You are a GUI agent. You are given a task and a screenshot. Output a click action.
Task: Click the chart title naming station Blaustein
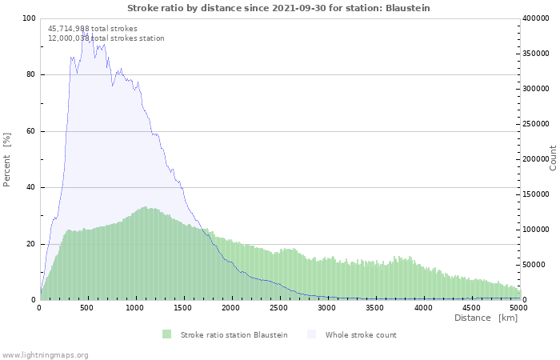(278, 8)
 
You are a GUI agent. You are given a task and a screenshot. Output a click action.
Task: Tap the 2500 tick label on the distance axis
(278, 308)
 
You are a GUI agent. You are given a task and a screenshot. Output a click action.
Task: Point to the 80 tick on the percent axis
(30, 74)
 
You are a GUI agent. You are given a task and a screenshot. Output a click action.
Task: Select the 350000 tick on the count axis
(536, 54)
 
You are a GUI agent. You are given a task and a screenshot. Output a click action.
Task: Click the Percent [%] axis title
(6, 160)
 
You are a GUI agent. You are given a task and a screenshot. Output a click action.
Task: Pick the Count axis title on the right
(553, 158)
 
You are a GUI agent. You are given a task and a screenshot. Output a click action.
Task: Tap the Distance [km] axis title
(486, 318)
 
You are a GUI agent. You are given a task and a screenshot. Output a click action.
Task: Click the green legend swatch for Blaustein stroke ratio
(166, 334)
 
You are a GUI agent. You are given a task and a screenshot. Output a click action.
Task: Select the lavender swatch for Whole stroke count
(312, 334)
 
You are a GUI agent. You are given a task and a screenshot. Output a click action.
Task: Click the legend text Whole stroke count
(361, 335)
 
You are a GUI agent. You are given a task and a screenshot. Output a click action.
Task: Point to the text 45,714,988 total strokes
(93, 29)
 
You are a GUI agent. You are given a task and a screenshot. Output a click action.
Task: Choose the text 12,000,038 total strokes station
(106, 38)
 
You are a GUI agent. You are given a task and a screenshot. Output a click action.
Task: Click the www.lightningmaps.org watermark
(44, 355)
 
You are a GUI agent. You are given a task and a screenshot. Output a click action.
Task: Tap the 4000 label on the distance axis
(423, 308)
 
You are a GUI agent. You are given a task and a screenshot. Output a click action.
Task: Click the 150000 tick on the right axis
(536, 194)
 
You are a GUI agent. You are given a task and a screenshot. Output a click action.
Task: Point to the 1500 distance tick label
(183, 308)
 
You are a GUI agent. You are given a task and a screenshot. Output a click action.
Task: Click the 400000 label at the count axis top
(536, 18)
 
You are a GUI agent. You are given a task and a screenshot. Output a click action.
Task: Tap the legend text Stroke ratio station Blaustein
(234, 335)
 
